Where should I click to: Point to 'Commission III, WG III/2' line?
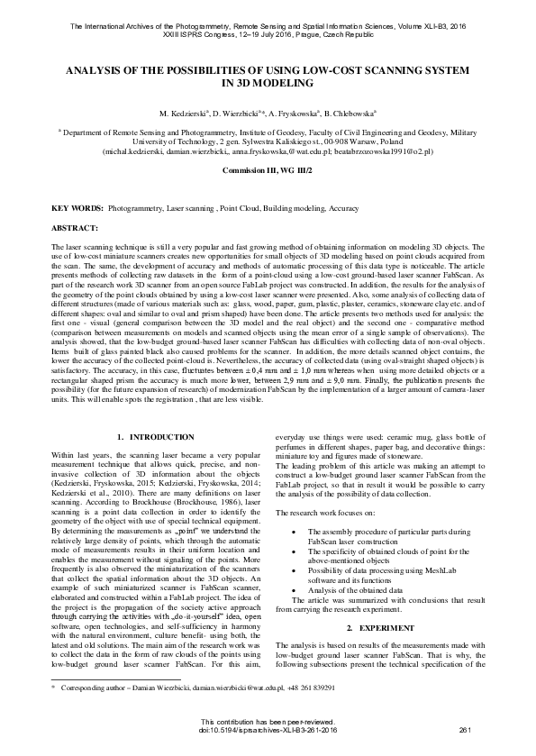pos(268,169)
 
